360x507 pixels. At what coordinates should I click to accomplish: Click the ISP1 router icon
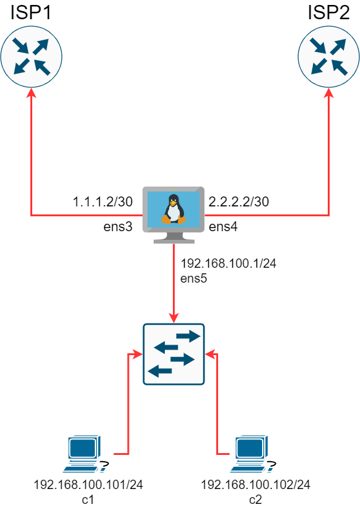click(x=32, y=57)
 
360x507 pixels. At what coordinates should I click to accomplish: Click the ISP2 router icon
click(x=328, y=57)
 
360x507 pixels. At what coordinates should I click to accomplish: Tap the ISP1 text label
click(x=31, y=12)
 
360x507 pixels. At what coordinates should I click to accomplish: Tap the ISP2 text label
click(x=328, y=12)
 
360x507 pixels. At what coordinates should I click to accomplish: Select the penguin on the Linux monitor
click(x=173, y=209)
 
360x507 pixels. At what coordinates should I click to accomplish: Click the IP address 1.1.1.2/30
click(x=103, y=202)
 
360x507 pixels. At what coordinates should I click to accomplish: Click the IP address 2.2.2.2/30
click(x=239, y=202)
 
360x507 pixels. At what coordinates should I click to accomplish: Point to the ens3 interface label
click(x=118, y=227)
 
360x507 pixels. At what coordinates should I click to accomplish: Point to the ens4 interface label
click(x=223, y=227)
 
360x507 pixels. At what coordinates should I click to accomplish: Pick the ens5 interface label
click(x=193, y=278)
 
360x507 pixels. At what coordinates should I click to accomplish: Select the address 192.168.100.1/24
click(x=229, y=263)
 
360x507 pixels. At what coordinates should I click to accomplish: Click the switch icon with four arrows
click(x=174, y=354)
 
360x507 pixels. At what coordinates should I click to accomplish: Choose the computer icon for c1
click(x=86, y=454)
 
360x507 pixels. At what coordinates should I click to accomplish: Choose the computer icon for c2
click(x=253, y=454)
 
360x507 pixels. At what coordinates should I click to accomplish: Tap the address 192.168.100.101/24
click(x=88, y=485)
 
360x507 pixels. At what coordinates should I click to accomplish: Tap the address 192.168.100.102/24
click(x=256, y=485)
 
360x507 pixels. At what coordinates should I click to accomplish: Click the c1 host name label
click(x=88, y=500)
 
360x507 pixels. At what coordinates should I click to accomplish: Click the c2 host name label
click(x=255, y=500)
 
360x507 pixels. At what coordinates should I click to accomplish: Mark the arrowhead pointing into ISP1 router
click(x=32, y=92)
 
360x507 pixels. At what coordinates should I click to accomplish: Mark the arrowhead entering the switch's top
click(x=174, y=318)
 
